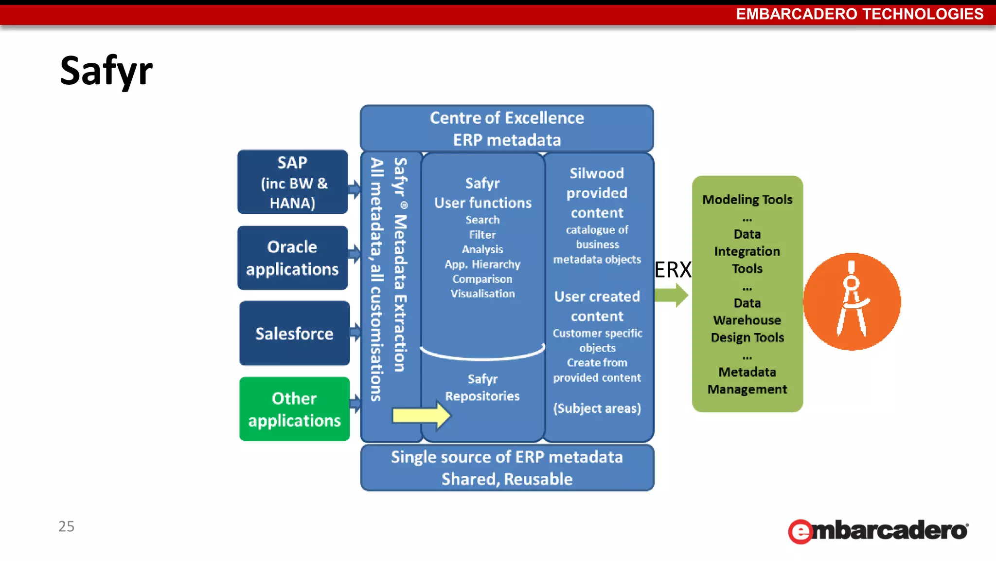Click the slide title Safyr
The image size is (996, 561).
pos(106,71)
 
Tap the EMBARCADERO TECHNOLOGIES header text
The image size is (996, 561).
pos(859,14)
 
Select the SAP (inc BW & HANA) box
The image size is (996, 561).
pos(292,182)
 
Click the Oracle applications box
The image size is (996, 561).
pos(292,258)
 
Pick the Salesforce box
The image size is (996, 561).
pos(294,334)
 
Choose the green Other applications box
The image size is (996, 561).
pos(294,409)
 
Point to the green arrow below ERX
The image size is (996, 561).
pos(671,295)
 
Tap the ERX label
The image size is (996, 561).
pos(673,269)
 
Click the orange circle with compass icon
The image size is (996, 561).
pos(852,301)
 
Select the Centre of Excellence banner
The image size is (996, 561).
pos(507,129)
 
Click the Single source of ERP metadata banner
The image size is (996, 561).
pos(507,467)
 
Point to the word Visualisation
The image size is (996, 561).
pos(482,294)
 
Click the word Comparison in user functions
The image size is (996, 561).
pos(482,279)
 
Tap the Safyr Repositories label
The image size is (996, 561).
pos(482,388)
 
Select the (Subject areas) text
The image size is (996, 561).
pos(597,408)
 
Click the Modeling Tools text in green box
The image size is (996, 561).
pos(747,200)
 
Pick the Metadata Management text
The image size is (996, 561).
pos(747,381)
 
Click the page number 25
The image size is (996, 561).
pos(66,526)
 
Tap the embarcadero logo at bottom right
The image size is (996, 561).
pos(878,531)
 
